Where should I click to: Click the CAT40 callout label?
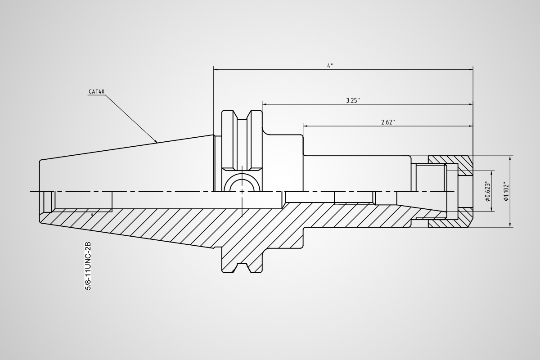click(97, 92)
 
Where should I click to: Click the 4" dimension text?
click(330, 66)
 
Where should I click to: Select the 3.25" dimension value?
click(353, 100)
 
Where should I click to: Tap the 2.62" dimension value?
click(388, 122)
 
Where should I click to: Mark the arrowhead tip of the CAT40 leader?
click(157, 143)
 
